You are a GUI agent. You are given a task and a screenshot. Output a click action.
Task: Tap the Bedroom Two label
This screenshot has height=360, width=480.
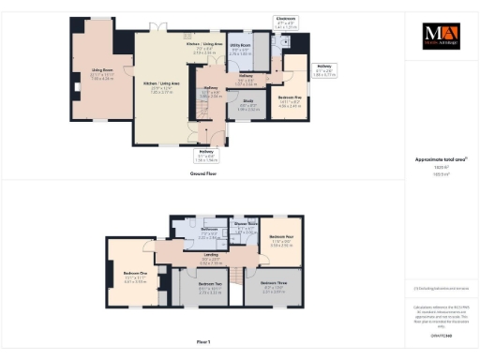coord(210,289)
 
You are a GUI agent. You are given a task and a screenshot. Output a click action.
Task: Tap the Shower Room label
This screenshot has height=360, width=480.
coord(247,225)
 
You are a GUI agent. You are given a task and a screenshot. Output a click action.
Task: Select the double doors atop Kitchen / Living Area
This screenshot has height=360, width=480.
coord(160,27)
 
